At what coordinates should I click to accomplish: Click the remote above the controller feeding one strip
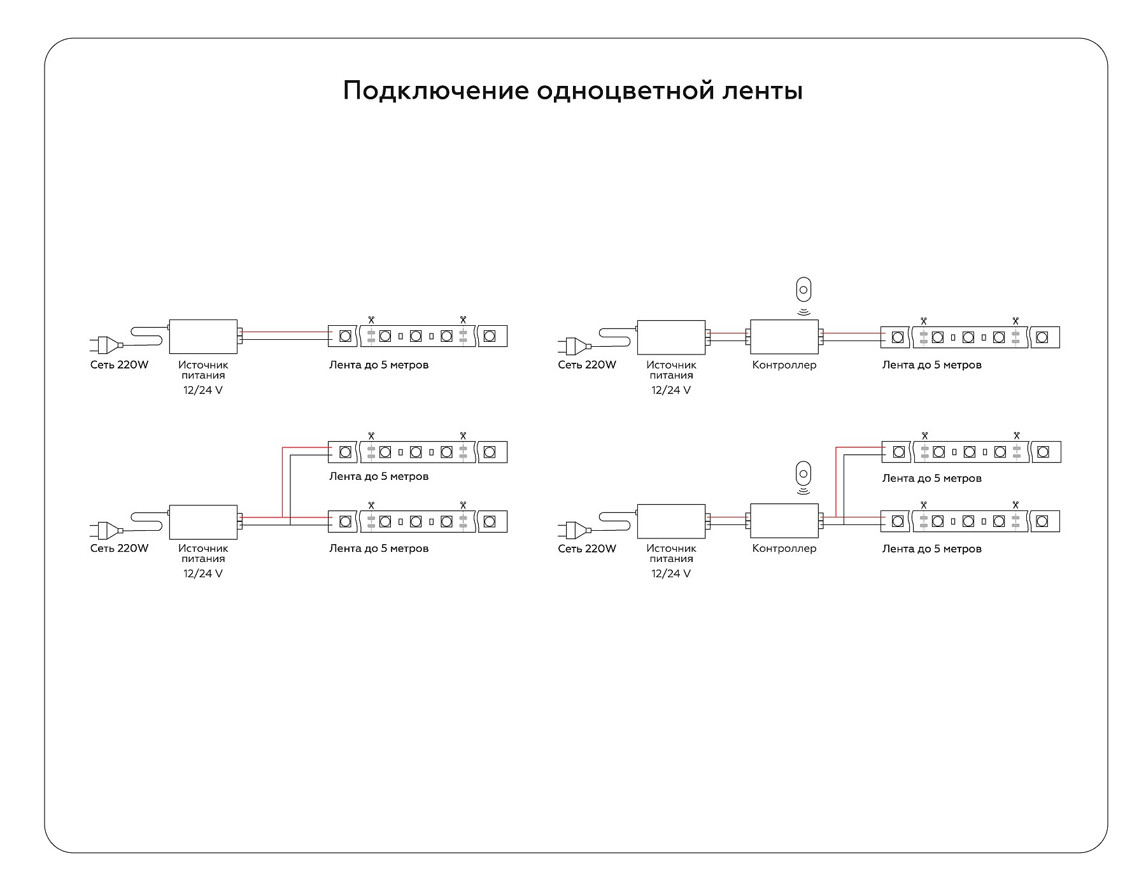[803, 290]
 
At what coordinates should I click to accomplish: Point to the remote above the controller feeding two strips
[803, 474]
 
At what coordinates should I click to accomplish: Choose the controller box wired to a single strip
[784, 337]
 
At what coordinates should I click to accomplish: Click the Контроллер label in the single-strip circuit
[784, 365]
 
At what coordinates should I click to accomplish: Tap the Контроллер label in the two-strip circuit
[784, 549]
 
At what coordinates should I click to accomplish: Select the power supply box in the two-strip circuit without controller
[203, 521]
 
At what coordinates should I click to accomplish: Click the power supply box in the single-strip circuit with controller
[671, 337]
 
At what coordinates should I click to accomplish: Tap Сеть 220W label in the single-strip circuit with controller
[587, 365]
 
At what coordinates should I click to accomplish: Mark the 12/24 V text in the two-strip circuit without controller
[203, 573]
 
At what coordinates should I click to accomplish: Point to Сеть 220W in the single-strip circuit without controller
[119, 365]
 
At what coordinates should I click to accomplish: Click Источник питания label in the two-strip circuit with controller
[671, 554]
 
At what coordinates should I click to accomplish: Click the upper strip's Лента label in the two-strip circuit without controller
[379, 477]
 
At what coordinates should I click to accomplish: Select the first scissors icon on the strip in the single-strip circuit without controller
[371, 319]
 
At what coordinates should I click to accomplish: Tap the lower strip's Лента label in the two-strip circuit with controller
[931, 549]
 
